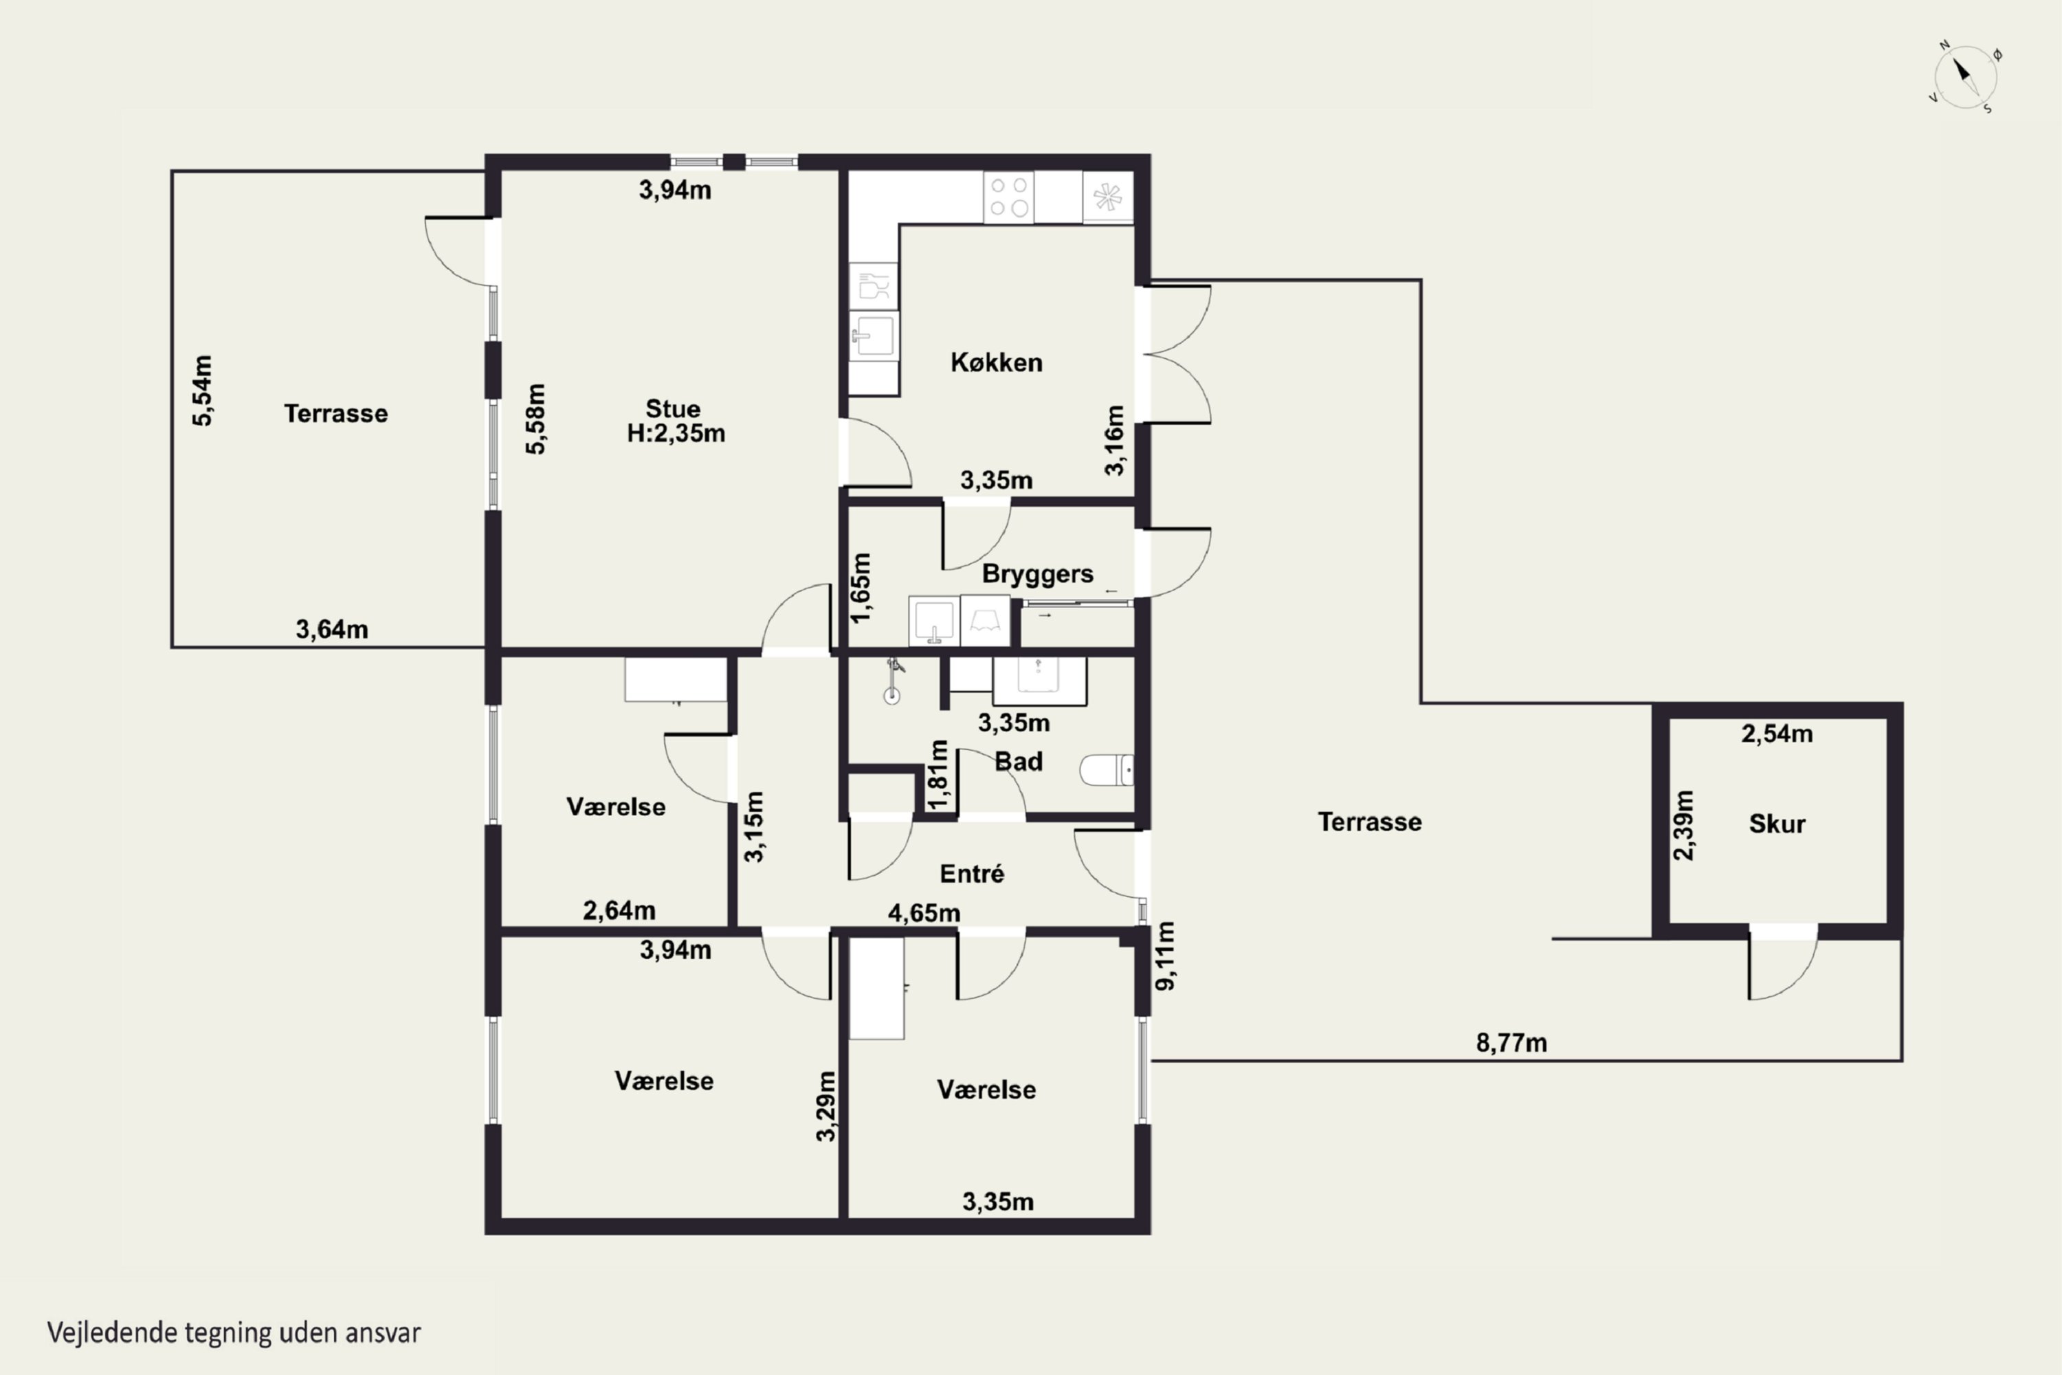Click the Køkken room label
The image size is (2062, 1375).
point(997,362)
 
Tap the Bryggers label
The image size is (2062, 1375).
point(1037,574)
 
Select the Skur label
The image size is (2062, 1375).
point(1777,824)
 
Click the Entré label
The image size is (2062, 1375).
point(971,873)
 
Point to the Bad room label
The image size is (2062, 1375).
point(1019,761)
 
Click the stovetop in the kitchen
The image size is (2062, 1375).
point(1008,197)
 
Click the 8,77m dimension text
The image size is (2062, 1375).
point(1511,1043)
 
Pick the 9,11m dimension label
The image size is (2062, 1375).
point(1165,956)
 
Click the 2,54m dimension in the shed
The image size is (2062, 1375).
point(1777,733)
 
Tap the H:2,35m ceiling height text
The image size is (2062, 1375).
point(676,433)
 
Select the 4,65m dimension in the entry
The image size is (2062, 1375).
point(924,913)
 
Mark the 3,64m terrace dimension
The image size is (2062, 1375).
point(331,629)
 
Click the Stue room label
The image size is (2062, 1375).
point(674,408)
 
